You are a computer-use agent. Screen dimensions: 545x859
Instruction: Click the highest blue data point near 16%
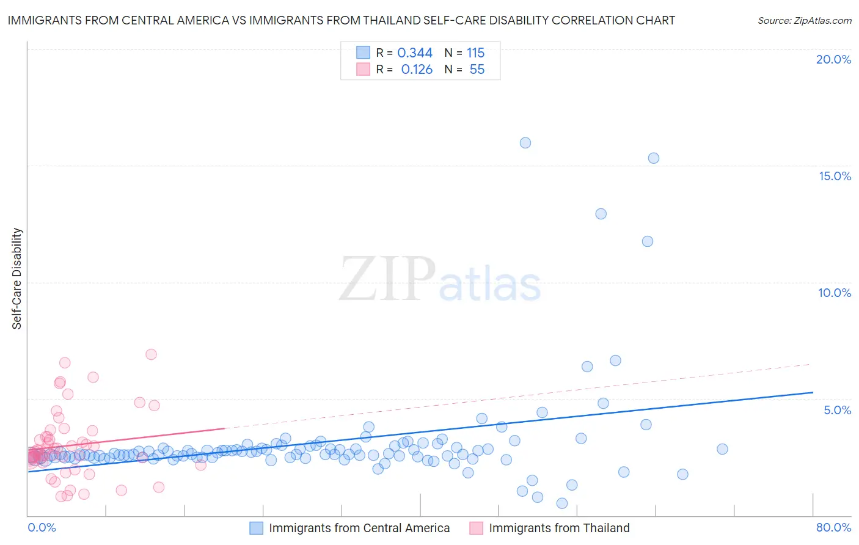(525, 143)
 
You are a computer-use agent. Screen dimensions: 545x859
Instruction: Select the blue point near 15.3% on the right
(654, 158)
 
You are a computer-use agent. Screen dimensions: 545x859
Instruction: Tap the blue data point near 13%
(601, 214)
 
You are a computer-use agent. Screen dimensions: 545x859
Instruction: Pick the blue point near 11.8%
(648, 241)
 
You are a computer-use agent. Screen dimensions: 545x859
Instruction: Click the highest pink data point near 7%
(151, 354)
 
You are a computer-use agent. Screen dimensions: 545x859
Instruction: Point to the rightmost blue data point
(722, 449)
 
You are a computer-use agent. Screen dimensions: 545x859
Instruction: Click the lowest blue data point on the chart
(562, 503)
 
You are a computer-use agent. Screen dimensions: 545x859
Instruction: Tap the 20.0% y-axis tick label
(833, 59)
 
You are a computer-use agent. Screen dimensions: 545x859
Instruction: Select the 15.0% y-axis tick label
(835, 176)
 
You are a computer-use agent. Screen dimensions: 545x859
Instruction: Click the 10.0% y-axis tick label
(835, 293)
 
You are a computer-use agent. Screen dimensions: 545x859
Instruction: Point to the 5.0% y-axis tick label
(837, 410)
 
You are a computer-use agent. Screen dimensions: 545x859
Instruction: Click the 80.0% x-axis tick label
(833, 527)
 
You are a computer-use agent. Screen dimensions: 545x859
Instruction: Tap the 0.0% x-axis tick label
(42, 527)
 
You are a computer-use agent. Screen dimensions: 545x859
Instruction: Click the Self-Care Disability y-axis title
(17, 279)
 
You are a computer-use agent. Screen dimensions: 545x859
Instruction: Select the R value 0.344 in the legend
(415, 53)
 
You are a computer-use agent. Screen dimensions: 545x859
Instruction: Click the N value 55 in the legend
(477, 70)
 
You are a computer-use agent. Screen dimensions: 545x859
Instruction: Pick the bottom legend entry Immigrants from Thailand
(559, 528)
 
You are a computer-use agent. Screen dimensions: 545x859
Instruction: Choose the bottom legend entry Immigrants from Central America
(359, 528)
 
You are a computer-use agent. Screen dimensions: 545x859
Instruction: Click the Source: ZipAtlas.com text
(804, 21)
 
